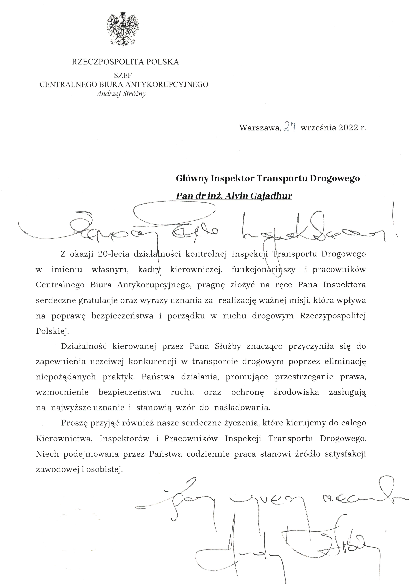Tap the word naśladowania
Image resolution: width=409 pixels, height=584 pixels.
point(242,408)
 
